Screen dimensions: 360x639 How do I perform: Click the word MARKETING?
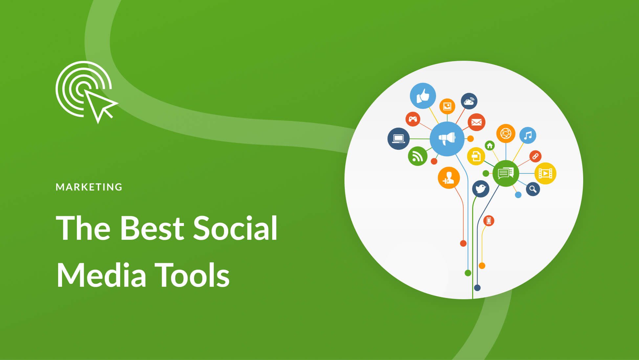[89, 187]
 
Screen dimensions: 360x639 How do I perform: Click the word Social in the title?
[235, 228]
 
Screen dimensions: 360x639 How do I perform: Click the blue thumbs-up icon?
[423, 96]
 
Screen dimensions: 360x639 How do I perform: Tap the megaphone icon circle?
[447, 139]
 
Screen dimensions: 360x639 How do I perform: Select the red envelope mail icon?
[476, 122]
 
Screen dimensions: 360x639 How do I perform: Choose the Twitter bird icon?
[480, 189]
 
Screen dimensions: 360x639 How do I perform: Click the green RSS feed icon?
[417, 156]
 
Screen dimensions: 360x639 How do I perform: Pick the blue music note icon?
[528, 135]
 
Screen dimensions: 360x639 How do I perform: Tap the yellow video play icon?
[545, 173]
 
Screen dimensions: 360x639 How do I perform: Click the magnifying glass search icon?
[533, 189]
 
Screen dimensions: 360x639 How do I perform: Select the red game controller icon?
[413, 119]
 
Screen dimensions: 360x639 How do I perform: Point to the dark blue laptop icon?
[398, 139]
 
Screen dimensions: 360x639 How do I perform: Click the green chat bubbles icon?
[506, 173]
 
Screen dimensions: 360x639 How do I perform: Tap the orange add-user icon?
[449, 178]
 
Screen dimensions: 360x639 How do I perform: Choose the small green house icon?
[490, 146]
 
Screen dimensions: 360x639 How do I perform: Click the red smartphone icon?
[489, 221]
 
